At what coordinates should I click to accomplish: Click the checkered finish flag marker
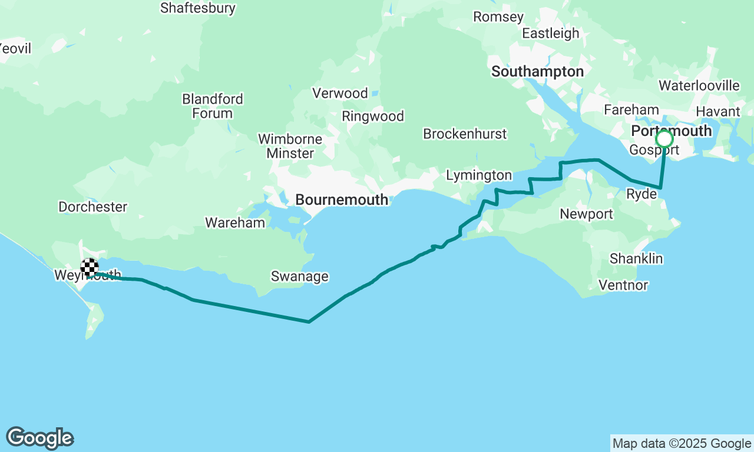[x=90, y=268]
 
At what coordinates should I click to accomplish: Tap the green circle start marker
[x=664, y=139]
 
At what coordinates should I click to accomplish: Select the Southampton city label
[x=537, y=72]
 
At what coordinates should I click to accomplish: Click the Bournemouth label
[x=342, y=200]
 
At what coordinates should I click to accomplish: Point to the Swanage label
[x=299, y=277]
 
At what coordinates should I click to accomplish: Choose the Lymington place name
[x=479, y=175]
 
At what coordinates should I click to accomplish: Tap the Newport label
[x=586, y=214]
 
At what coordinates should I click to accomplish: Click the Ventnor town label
[x=623, y=285]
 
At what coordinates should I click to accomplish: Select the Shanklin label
[x=636, y=259]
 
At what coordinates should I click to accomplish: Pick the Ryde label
[x=641, y=194]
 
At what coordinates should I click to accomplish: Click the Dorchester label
[x=92, y=207]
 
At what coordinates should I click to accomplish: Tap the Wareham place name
[x=235, y=223]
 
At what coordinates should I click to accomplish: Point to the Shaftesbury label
[x=198, y=8]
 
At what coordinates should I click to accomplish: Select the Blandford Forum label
[x=213, y=106]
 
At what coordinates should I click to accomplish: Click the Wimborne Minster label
[x=290, y=147]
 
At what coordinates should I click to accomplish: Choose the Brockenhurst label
[x=465, y=134]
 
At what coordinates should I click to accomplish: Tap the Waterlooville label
[x=699, y=86]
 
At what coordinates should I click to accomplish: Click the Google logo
[x=39, y=438]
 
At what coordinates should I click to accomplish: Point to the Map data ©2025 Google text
[x=682, y=444]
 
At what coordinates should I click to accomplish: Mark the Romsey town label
[x=498, y=17]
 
